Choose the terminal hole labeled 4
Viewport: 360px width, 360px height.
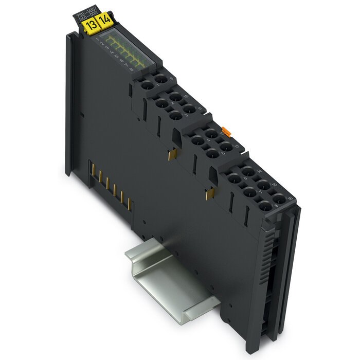(196, 138)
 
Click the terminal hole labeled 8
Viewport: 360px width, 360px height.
(264, 207)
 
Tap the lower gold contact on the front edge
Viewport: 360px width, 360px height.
(209, 193)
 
